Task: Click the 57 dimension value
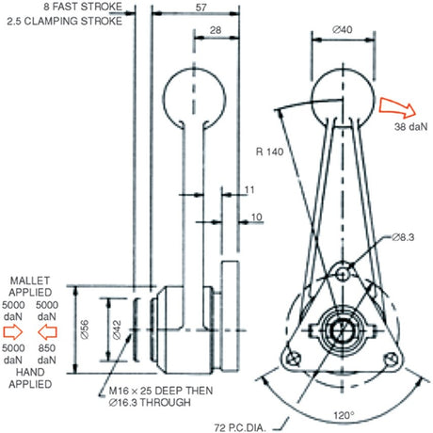click(200, 8)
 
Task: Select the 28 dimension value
click(216, 30)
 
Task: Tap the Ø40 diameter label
click(342, 29)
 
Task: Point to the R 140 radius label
click(269, 152)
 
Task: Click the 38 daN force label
click(411, 126)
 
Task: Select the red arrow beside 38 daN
click(397, 107)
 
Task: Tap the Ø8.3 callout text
click(403, 237)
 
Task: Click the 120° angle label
click(344, 416)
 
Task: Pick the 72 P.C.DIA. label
click(240, 427)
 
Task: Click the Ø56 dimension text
click(85, 329)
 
